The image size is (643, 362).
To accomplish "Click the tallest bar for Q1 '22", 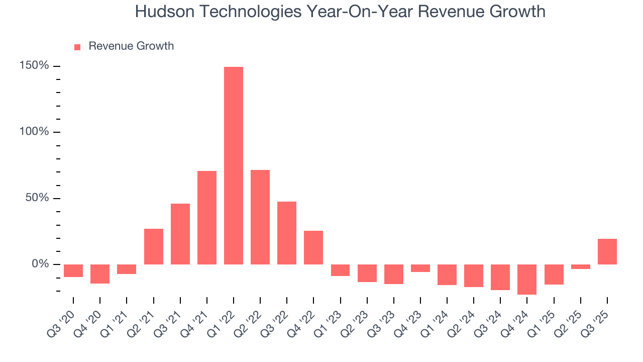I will [x=234, y=165].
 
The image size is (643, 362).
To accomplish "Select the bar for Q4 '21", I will [x=207, y=218].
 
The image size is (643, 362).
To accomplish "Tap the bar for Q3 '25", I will [x=607, y=251].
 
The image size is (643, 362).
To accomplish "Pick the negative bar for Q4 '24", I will [x=527, y=279].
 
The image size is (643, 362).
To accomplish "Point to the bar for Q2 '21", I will [x=154, y=246].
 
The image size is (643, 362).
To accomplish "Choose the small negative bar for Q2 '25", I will [x=580, y=266].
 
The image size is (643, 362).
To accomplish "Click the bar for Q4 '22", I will [x=313, y=247].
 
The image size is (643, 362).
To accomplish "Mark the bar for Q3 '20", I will [x=73, y=270].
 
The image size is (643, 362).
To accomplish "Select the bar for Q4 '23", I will [x=420, y=268].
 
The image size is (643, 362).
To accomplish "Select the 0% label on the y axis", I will [x=41, y=264].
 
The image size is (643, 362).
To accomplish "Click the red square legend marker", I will [x=77, y=47].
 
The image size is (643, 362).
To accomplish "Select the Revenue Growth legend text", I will [x=131, y=46].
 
